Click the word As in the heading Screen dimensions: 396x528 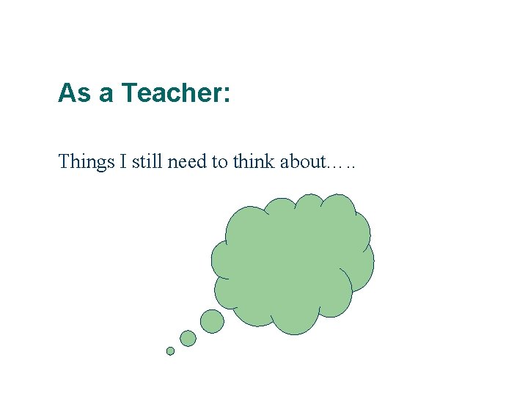[73, 93]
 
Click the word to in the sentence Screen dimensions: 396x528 [220, 161]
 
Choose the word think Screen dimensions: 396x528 [254, 161]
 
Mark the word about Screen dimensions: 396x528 [301, 161]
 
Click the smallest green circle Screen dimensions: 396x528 [170, 351]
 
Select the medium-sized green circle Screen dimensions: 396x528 [188, 338]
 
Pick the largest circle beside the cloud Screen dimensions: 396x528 [212, 321]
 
